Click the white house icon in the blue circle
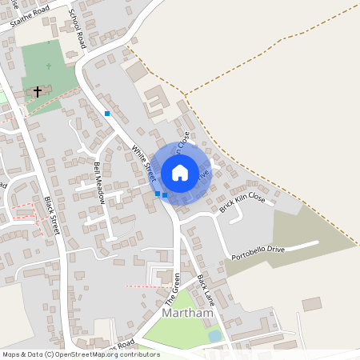point(180,172)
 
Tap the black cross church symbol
point(37,91)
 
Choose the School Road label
point(78,27)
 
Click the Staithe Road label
point(30,16)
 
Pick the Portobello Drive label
point(258,254)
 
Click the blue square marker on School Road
point(107,114)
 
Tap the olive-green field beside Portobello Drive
point(304,232)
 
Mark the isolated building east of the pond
point(311,304)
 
